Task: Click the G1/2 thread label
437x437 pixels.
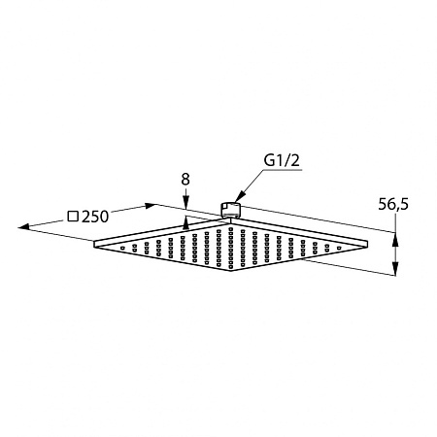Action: pyautogui.click(x=282, y=160)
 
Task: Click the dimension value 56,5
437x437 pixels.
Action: pyautogui.click(x=393, y=205)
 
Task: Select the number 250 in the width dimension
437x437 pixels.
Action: pyautogui.click(x=94, y=217)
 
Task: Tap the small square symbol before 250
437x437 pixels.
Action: pyautogui.click(x=73, y=216)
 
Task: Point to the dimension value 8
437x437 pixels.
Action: pyautogui.click(x=185, y=180)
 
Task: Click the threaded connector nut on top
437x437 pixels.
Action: pyautogui.click(x=230, y=209)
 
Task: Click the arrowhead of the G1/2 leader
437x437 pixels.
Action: pyautogui.click(x=238, y=198)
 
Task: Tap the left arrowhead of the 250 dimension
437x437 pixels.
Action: pyautogui.click(x=24, y=226)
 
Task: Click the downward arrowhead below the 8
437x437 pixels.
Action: pyautogui.click(x=185, y=204)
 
